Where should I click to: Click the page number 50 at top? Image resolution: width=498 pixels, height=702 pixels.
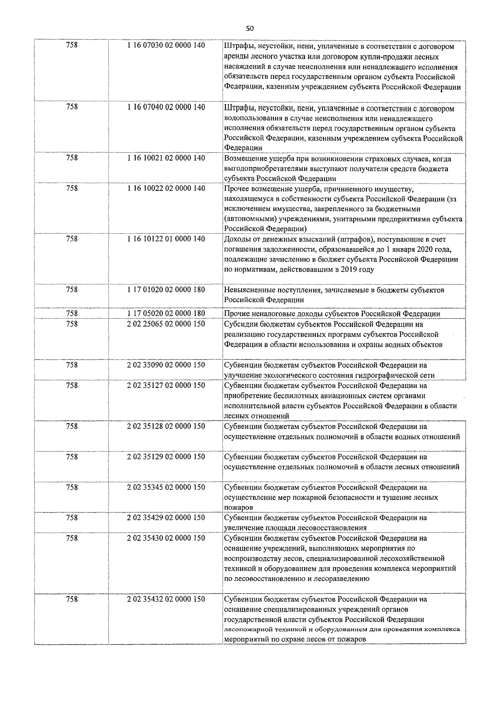249,28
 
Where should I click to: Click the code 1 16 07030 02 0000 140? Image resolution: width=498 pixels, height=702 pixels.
166,46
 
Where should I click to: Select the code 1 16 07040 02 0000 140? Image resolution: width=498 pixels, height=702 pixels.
166,107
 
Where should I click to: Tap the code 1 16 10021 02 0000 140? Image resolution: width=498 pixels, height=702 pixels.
166,158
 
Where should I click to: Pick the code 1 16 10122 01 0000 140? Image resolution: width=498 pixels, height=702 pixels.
166,239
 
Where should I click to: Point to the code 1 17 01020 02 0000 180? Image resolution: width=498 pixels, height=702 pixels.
166,290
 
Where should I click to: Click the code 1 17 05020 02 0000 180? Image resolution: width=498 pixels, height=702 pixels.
166,314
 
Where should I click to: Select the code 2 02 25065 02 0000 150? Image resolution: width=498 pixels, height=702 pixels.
166,324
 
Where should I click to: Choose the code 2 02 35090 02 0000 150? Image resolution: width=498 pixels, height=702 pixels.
166,365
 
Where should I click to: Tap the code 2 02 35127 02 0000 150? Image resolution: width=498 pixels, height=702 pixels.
166,385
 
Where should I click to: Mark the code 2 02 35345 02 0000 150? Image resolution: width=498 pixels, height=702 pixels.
166,487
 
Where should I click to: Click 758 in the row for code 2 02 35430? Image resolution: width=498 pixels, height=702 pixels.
72,538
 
